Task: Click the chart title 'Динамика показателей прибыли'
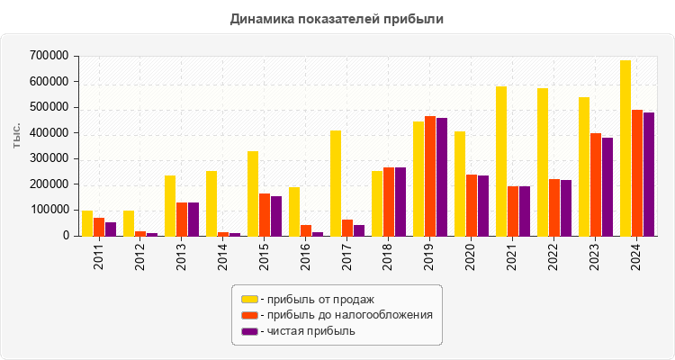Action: (337, 18)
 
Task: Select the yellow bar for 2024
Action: (625, 148)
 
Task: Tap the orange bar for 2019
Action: (430, 176)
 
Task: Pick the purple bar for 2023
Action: (607, 187)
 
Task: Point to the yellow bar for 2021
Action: (501, 161)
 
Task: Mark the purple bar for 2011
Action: (111, 229)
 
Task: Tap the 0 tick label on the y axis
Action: (66, 236)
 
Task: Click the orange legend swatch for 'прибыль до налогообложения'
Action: (249, 315)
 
